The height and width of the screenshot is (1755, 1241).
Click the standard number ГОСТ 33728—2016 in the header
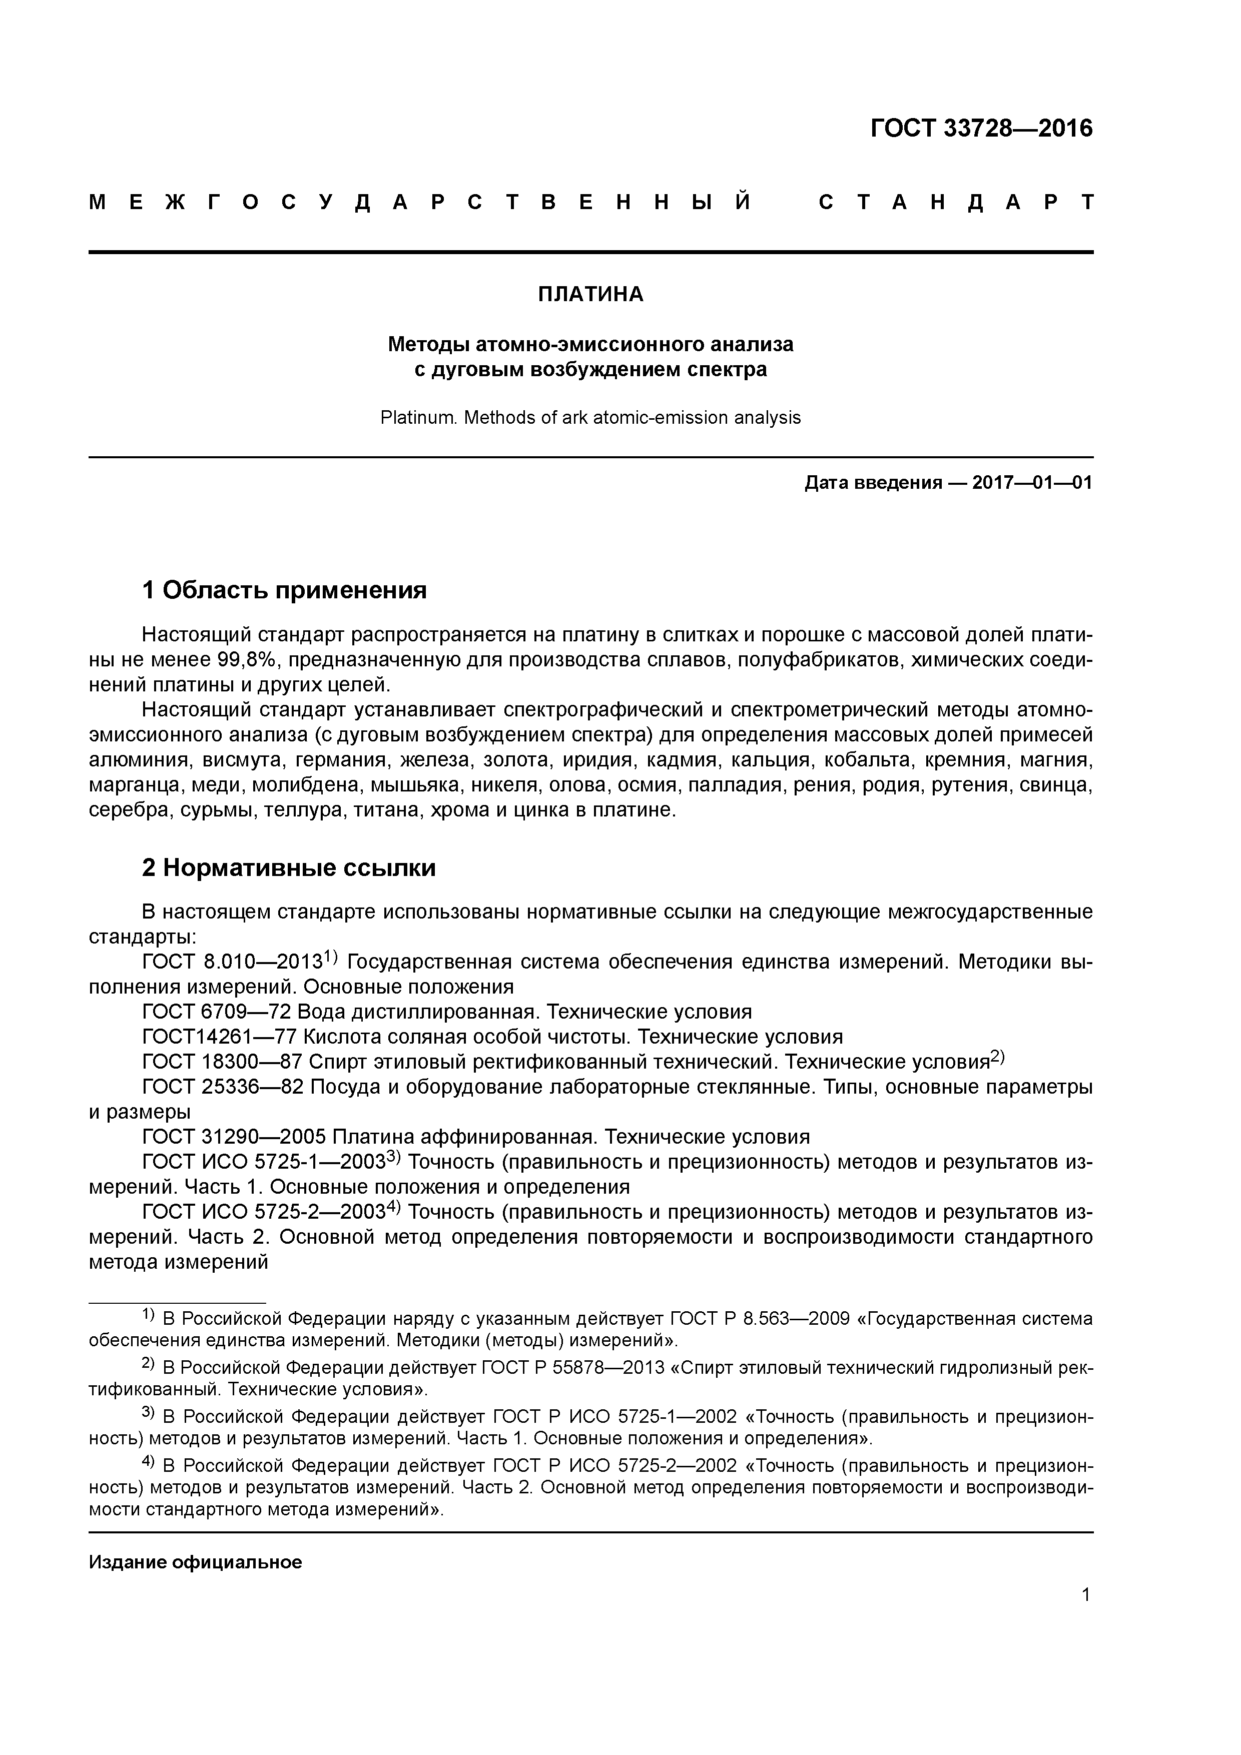(981, 129)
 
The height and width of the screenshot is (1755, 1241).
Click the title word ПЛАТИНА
(590, 294)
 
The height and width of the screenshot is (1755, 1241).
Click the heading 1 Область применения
(284, 590)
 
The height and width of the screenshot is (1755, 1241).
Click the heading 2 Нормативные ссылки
(289, 868)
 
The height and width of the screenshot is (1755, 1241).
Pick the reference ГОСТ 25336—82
(222, 1087)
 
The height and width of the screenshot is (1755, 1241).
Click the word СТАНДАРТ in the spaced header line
(956, 203)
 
